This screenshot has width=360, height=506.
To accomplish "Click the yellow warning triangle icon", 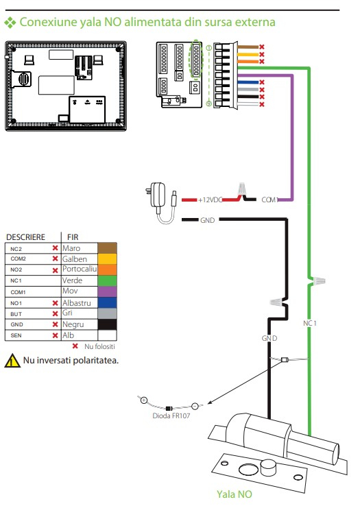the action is (x=12, y=361).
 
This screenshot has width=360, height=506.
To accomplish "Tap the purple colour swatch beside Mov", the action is (x=107, y=291).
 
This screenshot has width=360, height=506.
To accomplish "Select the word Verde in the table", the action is (x=72, y=280).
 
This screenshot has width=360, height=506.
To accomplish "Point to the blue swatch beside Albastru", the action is (x=107, y=302).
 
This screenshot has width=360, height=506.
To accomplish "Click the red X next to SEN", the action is (x=56, y=335).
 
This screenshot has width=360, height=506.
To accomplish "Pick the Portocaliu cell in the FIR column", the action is (x=80, y=269).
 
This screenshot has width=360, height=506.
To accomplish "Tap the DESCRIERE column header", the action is (x=25, y=237).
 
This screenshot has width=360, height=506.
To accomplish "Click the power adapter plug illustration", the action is (x=160, y=204).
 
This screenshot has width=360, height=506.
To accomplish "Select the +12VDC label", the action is (x=211, y=200).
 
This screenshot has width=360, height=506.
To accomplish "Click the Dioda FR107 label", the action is (x=171, y=415).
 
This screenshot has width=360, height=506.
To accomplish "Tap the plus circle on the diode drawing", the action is (x=144, y=400).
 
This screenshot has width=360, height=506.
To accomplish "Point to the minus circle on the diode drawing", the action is (x=195, y=406).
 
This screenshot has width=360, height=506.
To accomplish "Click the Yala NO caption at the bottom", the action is (x=234, y=494).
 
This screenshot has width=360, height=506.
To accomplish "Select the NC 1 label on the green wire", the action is (x=310, y=323).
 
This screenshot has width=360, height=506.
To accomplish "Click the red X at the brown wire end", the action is (x=261, y=47).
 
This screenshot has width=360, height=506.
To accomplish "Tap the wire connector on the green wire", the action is (x=317, y=280).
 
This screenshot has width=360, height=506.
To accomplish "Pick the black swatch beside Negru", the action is (x=107, y=324).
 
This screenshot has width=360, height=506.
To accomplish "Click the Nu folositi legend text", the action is (x=99, y=346).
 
